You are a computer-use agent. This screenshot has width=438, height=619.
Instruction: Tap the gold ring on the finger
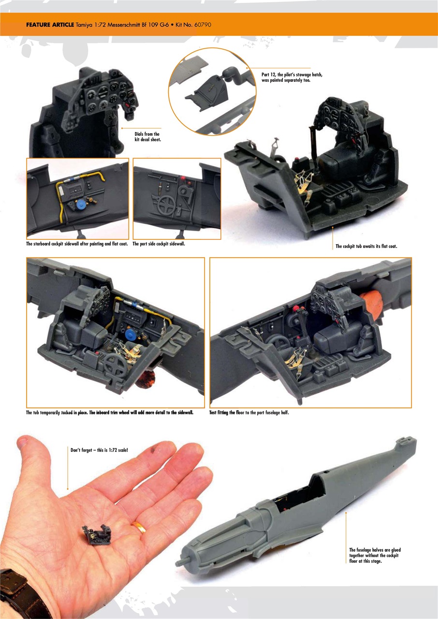click(140, 527)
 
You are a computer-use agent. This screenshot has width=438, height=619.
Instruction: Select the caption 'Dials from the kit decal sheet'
click(147, 136)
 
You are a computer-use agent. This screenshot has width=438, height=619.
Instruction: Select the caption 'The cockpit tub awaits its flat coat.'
click(366, 247)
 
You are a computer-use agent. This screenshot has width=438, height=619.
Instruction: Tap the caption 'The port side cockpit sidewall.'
click(159, 244)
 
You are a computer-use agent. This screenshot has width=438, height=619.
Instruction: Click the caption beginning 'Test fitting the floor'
click(249, 413)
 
